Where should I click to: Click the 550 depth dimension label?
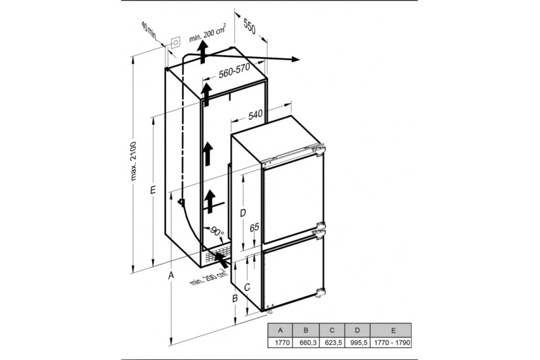coord(249,27)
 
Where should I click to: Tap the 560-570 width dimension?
coord(234,71)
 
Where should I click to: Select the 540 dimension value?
coord(255,115)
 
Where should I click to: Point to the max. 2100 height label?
coord(133,161)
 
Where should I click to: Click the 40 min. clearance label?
coord(149,31)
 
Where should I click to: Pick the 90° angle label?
coord(217,231)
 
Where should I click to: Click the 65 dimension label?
coord(254,227)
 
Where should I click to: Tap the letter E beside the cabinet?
coord(153,190)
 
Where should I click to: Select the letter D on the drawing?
coord(243,213)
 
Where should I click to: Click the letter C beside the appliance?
coord(247,287)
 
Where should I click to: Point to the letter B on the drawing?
coord(235,298)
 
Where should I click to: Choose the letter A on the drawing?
coord(171,275)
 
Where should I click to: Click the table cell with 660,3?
coord(306,342)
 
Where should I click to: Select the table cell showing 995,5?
coord(357,342)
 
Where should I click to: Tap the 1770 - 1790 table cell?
coord(391,342)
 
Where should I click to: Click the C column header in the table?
coord(332,330)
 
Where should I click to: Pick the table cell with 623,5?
coord(332,342)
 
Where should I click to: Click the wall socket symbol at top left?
coord(176,43)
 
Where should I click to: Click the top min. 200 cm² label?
coord(207,33)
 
